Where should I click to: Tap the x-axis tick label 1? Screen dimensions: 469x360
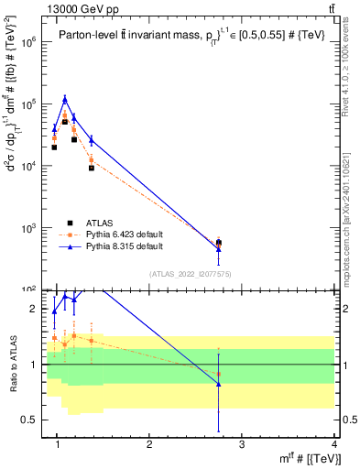tap(58, 444)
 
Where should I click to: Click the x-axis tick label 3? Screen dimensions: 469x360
tap(242, 444)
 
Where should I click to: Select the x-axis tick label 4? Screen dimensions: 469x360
tap(334, 444)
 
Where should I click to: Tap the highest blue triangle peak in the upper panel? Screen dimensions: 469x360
tap(65, 99)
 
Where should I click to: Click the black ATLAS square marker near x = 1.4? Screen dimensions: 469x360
tap(92, 168)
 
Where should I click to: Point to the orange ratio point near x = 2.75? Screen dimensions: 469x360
tap(218, 374)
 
